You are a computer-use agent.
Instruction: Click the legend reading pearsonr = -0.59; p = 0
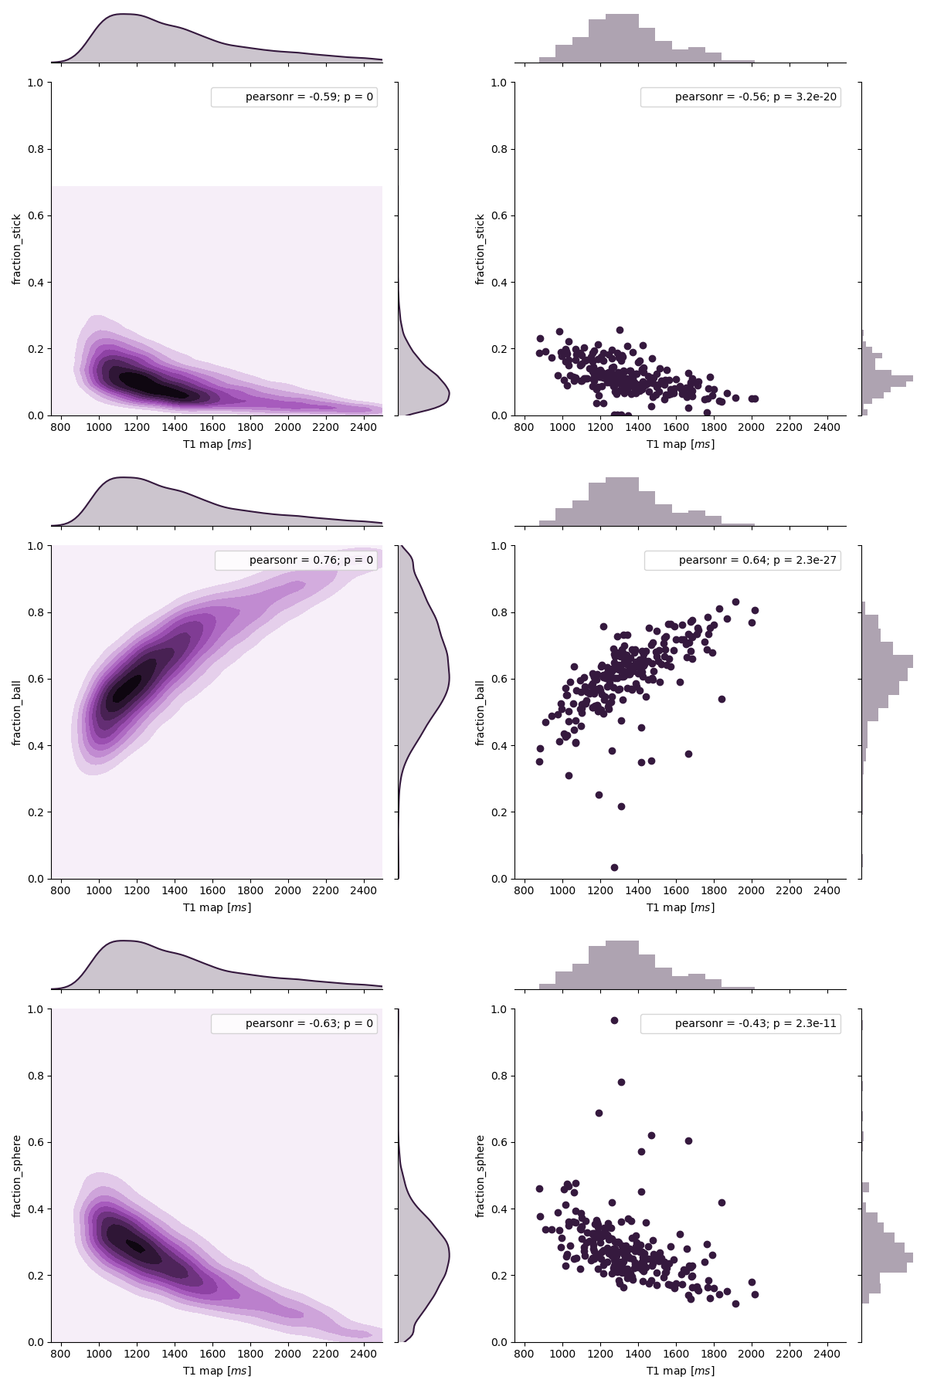pos(294,97)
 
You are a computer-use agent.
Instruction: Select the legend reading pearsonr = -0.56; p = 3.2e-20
pos(740,97)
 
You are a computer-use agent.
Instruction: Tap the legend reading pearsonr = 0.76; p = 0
pos(296,561)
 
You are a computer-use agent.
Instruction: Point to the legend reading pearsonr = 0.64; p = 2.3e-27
pos(742,561)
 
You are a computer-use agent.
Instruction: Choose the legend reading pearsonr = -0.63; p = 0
pos(294,1024)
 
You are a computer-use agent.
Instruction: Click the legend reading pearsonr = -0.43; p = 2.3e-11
pos(740,1024)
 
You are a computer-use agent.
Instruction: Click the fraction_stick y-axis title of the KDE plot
pos(17,249)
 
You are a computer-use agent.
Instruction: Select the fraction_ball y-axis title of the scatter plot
pos(480,713)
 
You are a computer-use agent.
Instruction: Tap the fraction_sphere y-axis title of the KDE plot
pos(17,1176)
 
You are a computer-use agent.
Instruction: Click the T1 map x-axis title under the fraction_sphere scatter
pos(681,1371)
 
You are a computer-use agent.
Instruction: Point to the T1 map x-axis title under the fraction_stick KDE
pos(217,444)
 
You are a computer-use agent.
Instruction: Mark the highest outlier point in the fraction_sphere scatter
pos(614,1020)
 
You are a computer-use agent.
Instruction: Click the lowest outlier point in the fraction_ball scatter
pos(614,867)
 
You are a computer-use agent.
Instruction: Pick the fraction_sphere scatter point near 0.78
pos(621,1082)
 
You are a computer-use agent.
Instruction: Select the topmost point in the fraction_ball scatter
pos(735,602)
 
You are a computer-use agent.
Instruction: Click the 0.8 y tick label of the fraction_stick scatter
pos(501,149)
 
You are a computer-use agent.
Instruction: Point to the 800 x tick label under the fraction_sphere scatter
pos(525,1354)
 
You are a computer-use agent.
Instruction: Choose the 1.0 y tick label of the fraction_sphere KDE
pos(37,1009)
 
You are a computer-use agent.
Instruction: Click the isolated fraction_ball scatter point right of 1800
pos(722,699)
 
